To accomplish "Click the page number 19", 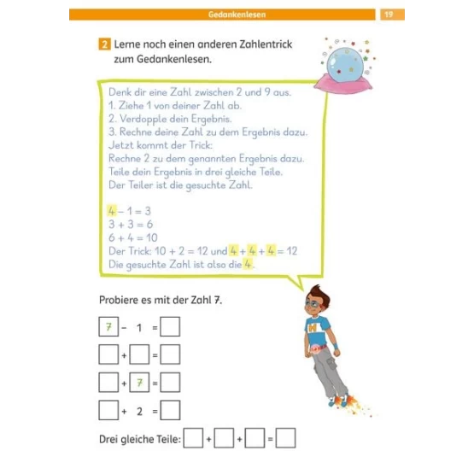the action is pyautogui.click(x=389, y=15).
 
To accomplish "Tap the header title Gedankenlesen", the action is pyautogui.click(x=237, y=15).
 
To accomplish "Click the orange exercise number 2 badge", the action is pyautogui.click(x=104, y=44).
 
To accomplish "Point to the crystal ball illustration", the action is pyautogui.click(x=345, y=64).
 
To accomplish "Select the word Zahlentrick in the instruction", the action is pyautogui.click(x=266, y=44).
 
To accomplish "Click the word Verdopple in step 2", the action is pyautogui.click(x=143, y=119).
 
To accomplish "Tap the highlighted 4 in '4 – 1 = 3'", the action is pyautogui.click(x=112, y=211).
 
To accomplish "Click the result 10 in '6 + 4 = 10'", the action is pyautogui.click(x=152, y=237).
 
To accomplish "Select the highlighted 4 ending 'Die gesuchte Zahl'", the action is pyautogui.click(x=248, y=264).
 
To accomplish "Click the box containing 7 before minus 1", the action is pyautogui.click(x=108, y=326).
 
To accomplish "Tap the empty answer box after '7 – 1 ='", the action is pyautogui.click(x=170, y=326).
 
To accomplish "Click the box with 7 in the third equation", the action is pyautogui.click(x=139, y=383).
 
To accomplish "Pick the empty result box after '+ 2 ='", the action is pyautogui.click(x=170, y=410).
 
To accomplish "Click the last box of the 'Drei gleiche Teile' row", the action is pyautogui.click(x=285, y=438).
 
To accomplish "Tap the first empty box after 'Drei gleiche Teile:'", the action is pyautogui.click(x=193, y=438).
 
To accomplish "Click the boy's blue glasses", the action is pyautogui.click(x=313, y=304).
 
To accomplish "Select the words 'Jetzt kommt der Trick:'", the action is pyautogui.click(x=161, y=145).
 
